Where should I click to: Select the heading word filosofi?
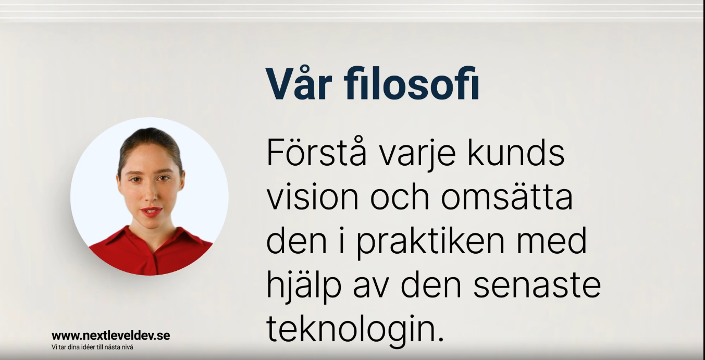tap(412, 83)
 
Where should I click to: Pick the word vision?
tap(313, 197)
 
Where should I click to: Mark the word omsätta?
tap(506, 197)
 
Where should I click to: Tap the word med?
tap(551, 241)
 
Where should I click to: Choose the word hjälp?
tap(304, 287)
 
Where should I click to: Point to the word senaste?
tap(537, 287)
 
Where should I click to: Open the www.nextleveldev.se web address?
tap(111, 336)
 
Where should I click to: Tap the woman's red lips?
tap(152, 211)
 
